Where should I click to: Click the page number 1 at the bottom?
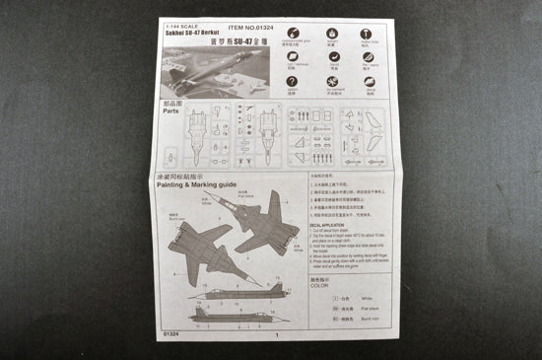coord(278,334)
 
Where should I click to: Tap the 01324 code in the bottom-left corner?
coord(169,334)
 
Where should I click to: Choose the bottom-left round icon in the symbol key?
coord(292,82)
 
